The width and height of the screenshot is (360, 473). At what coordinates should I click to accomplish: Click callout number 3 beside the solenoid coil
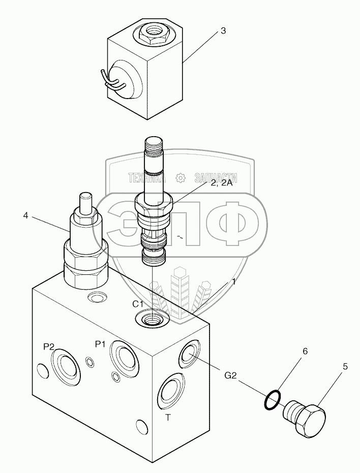[x=223, y=31]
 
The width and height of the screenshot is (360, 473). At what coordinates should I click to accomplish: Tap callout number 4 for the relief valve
[x=25, y=215]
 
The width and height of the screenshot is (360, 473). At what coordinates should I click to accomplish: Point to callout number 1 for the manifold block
[x=233, y=281]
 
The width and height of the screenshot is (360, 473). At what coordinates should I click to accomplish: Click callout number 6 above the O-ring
[x=305, y=351]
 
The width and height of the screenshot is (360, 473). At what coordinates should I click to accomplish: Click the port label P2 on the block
[x=49, y=346]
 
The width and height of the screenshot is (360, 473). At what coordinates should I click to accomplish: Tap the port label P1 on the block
[x=100, y=344]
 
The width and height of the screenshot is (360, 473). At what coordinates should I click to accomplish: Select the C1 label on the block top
[x=138, y=304]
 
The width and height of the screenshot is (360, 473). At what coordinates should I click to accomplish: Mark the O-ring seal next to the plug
[x=272, y=399]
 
